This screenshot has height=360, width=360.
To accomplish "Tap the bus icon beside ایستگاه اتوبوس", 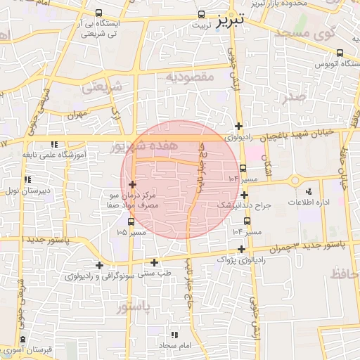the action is pos(340,53).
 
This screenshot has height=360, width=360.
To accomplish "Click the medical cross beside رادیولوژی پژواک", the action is pos(242,249).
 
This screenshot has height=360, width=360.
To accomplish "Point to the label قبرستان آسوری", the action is pos(30,349).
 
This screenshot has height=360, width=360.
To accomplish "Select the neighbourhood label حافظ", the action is pos(340,271).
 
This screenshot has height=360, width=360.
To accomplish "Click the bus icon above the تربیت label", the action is pos(202,14).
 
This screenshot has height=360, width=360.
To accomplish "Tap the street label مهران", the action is pos(77,113).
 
